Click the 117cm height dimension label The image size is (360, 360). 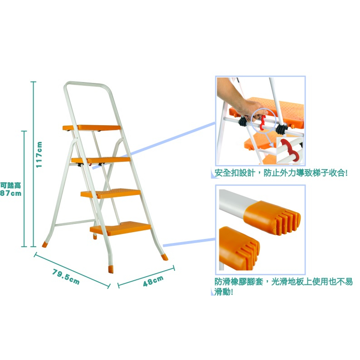click(x=39, y=155)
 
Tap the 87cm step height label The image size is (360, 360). click(x=11, y=193)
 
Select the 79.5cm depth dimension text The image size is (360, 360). click(x=66, y=277)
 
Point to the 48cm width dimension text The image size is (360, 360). click(x=153, y=281)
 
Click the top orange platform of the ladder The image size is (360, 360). click(x=92, y=128)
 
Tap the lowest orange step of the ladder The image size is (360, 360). click(x=120, y=229)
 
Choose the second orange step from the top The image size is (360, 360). click(x=101, y=160)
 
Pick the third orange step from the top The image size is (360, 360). click(x=111, y=194)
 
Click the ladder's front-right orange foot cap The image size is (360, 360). click(x=165, y=257)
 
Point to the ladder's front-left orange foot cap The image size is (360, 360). click(x=111, y=269)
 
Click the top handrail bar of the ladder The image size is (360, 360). click(x=87, y=83)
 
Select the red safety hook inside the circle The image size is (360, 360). click(x=263, y=122)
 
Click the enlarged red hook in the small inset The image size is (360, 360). click(x=289, y=151)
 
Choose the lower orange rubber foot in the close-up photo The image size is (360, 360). click(x=239, y=248)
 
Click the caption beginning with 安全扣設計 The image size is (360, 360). click(x=281, y=173)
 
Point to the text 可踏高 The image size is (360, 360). click(x=10, y=185)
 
